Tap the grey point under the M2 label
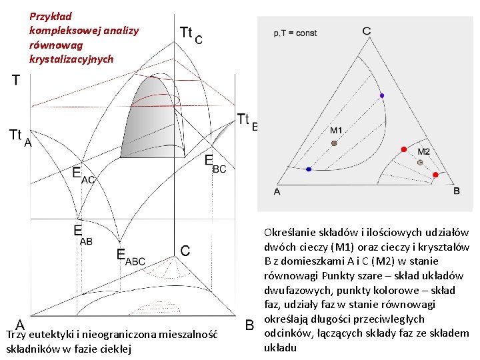(x=420, y=162)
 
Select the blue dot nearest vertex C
(x=382, y=96)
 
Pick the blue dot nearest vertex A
(x=307, y=169)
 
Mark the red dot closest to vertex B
(x=435, y=175)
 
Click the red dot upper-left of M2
(x=403, y=148)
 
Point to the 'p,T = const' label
(x=295, y=33)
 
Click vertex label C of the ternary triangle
(x=367, y=31)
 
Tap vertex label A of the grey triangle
(x=277, y=191)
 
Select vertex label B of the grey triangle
(x=457, y=191)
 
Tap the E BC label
(x=215, y=164)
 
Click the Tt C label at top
(x=191, y=35)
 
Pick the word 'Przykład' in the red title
(x=51, y=16)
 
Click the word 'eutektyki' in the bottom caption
(x=47, y=335)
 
